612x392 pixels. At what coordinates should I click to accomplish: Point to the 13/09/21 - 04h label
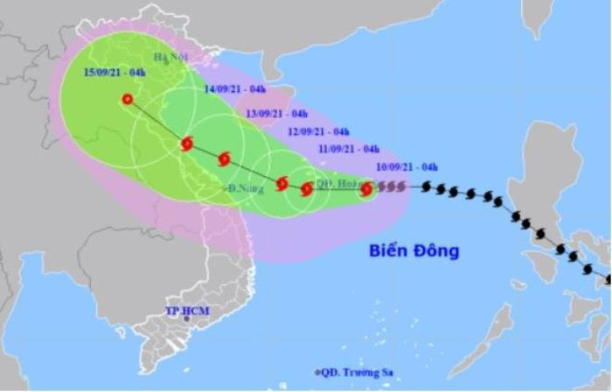click(277, 114)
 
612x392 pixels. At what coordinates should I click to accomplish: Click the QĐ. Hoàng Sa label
click(337, 184)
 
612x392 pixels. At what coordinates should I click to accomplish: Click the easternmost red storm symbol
click(366, 188)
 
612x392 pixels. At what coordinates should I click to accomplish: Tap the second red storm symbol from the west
click(186, 144)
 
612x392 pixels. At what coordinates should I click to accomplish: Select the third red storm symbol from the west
click(224, 159)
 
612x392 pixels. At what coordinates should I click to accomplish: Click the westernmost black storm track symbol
click(428, 186)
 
